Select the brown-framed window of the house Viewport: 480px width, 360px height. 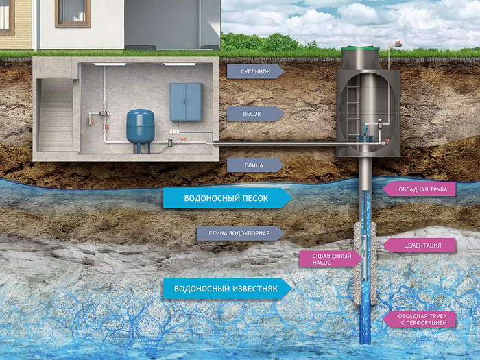[x=72, y=12]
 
